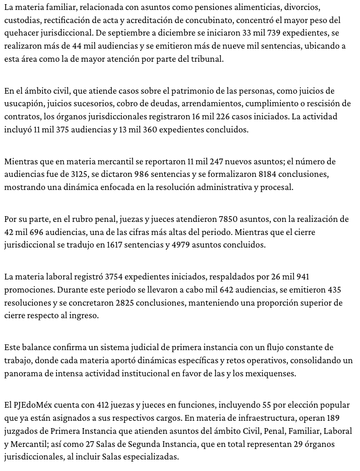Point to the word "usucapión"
(x=22, y=104)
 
